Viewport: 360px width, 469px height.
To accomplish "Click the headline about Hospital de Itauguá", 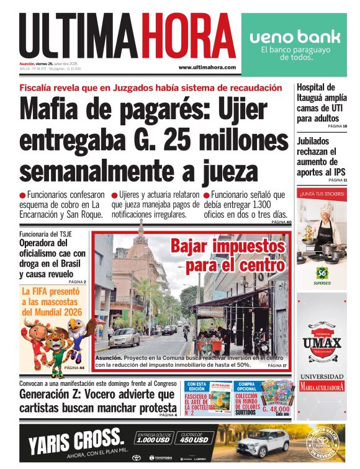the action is click(x=322, y=102).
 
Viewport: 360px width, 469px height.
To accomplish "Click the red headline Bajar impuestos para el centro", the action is click(x=227, y=255).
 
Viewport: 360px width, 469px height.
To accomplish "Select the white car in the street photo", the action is click(x=124, y=337).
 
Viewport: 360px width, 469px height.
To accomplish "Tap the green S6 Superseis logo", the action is click(x=322, y=272).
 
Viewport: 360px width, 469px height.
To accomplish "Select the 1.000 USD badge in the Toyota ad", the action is click(x=155, y=440).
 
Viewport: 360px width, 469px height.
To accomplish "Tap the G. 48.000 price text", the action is click(x=276, y=409).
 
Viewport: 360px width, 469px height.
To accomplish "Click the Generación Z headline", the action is click(x=97, y=401).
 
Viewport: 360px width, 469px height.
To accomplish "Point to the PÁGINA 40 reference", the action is click(x=281, y=222).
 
